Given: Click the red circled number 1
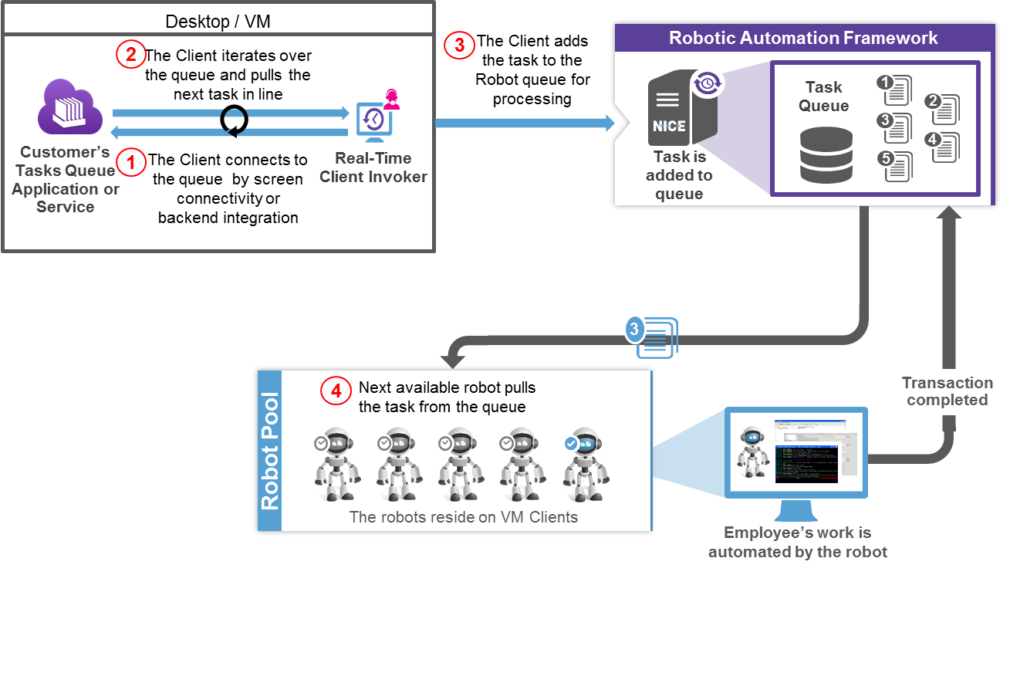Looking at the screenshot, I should click(x=130, y=162).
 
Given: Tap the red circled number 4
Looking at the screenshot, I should click(x=336, y=392).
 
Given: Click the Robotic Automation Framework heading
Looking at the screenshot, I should click(x=803, y=38).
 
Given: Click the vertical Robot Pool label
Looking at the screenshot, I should click(x=270, y=452).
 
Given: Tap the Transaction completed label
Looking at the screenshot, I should click(x=948, y=391).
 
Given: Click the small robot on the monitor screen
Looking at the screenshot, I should click(x=752, y=452).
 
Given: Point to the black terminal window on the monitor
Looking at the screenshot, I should click(x=806, y=464).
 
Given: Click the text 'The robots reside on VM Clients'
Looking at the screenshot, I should click(x=464, y=517).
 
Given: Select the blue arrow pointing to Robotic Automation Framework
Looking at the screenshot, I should click(x=525, y=123).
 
